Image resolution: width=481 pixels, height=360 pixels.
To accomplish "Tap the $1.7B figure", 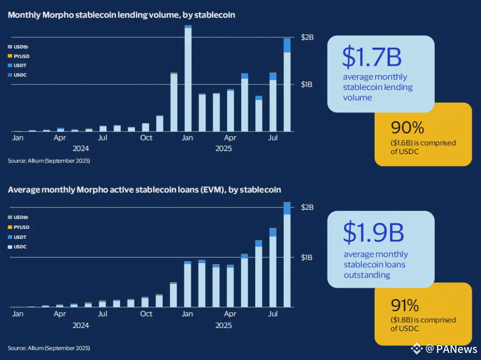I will coord(371,57).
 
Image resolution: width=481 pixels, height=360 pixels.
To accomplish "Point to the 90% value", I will coord(407,128).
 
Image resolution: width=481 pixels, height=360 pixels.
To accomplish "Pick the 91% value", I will coord(405,306).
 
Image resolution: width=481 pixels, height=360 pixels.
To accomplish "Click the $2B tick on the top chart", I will coord(308,37).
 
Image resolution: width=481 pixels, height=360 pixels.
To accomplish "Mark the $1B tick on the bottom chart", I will coord(308,257).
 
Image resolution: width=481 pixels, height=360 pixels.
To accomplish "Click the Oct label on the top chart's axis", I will coord(146,138).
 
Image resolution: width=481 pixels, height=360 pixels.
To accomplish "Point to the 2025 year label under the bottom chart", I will coord(224,325).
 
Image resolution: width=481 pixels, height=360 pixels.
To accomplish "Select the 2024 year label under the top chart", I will coord(81,148).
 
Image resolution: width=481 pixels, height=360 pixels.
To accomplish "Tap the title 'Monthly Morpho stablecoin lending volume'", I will coord(121,15).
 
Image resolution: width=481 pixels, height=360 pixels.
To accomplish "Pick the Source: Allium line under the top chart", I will coord(49,160).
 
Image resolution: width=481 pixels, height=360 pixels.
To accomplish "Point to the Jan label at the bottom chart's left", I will coord(17,314).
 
